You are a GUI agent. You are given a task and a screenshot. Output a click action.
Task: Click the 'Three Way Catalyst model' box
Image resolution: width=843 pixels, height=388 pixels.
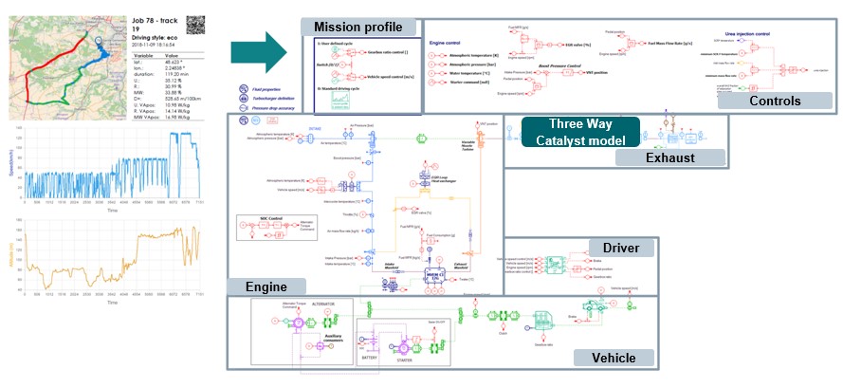click(x=580, y=133)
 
